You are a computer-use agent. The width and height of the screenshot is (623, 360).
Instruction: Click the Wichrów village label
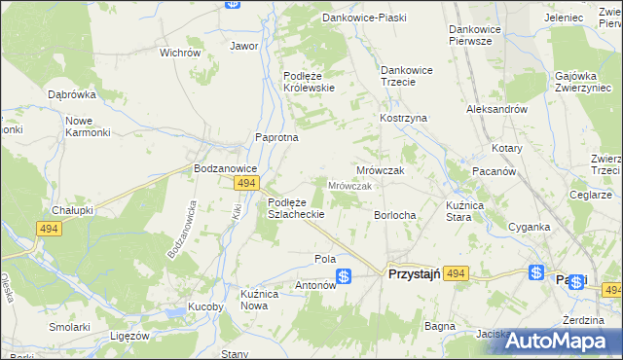[179, 53]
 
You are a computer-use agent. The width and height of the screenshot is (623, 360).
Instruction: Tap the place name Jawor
[243, 46]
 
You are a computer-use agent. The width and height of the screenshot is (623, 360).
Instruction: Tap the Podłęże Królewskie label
[309, 82]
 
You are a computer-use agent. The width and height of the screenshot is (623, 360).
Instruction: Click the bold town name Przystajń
[414, 275]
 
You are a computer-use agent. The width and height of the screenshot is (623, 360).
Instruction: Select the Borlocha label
[395, 215]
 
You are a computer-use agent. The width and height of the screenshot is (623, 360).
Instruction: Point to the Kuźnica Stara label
[445, 211]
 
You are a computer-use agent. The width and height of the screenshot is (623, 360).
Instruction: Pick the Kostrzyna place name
[403, 118]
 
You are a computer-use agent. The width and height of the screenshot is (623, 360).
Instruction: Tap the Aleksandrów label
[496, 110]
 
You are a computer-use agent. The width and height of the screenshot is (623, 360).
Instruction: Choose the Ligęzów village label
[129, 335]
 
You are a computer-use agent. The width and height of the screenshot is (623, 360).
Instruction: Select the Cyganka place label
[530, 227]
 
